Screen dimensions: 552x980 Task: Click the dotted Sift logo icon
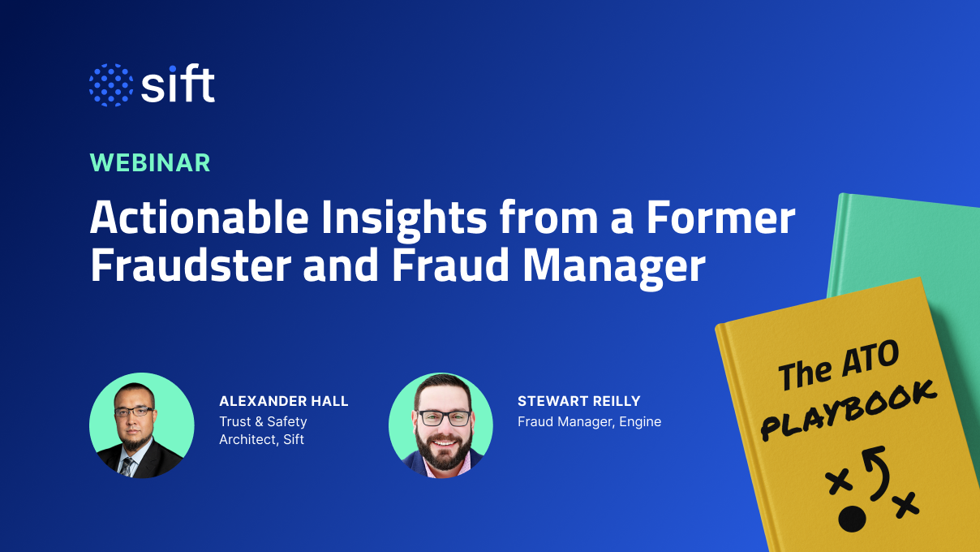pos(110,84)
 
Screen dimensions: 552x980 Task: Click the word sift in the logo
pos(178,84)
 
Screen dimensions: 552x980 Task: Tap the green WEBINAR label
pos(150,162)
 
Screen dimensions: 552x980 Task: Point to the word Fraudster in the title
pos(189,266)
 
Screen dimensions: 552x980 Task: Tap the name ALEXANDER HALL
pos(283,401)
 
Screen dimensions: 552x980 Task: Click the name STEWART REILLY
pos(578,401)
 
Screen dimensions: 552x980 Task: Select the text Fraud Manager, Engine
pos(589,421)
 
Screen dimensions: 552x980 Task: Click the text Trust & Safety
pos(263,421)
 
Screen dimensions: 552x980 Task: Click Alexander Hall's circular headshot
pos(141,425)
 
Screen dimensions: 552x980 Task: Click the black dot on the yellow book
pos(852,518)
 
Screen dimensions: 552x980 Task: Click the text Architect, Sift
pos(261,440)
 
